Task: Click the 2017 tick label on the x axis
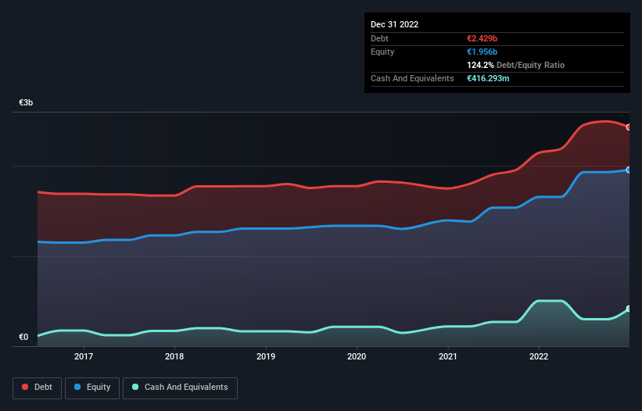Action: coord(84,357)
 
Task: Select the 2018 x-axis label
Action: coord(174,357)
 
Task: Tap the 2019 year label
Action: coord(266,357)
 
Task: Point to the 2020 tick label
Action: coord(357,357)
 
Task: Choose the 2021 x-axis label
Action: coord(448,357)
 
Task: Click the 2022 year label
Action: coord(539,357)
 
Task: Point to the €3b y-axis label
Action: coord(26,103)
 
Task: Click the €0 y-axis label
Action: coord(23,338)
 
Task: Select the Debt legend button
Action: coord(37,388)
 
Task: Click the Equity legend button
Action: coord(92,388)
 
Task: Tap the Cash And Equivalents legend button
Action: coord(180,388)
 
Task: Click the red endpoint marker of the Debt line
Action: coord(628,127)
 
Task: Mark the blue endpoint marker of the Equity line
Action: coord(628,170)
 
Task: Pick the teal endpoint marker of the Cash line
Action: coord(628,309)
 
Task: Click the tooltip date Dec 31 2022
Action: coord(394,24)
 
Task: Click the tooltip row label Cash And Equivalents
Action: coord(412,79)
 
